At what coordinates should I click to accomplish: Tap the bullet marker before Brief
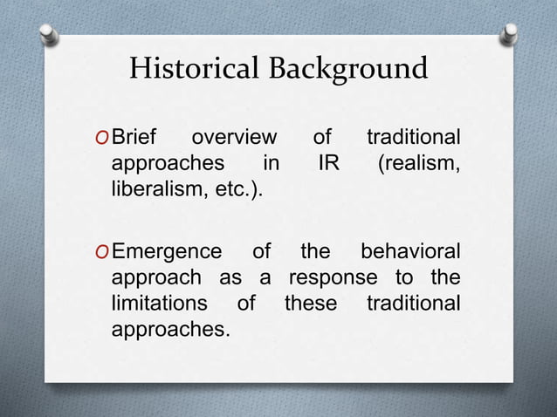click(103, 139)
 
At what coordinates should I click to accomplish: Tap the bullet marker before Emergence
click(103, 253)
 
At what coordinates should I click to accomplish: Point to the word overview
click(233, 138)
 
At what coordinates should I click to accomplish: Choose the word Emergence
click(168, 252)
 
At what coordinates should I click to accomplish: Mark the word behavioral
click(410, 252)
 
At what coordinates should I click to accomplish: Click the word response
click(333, 278)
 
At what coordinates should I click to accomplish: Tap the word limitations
click(159, 304)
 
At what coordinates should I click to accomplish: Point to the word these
click(310, 304)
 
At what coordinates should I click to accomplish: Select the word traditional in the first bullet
click(413, 138)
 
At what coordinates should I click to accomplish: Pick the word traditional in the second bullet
click(413, 304)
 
